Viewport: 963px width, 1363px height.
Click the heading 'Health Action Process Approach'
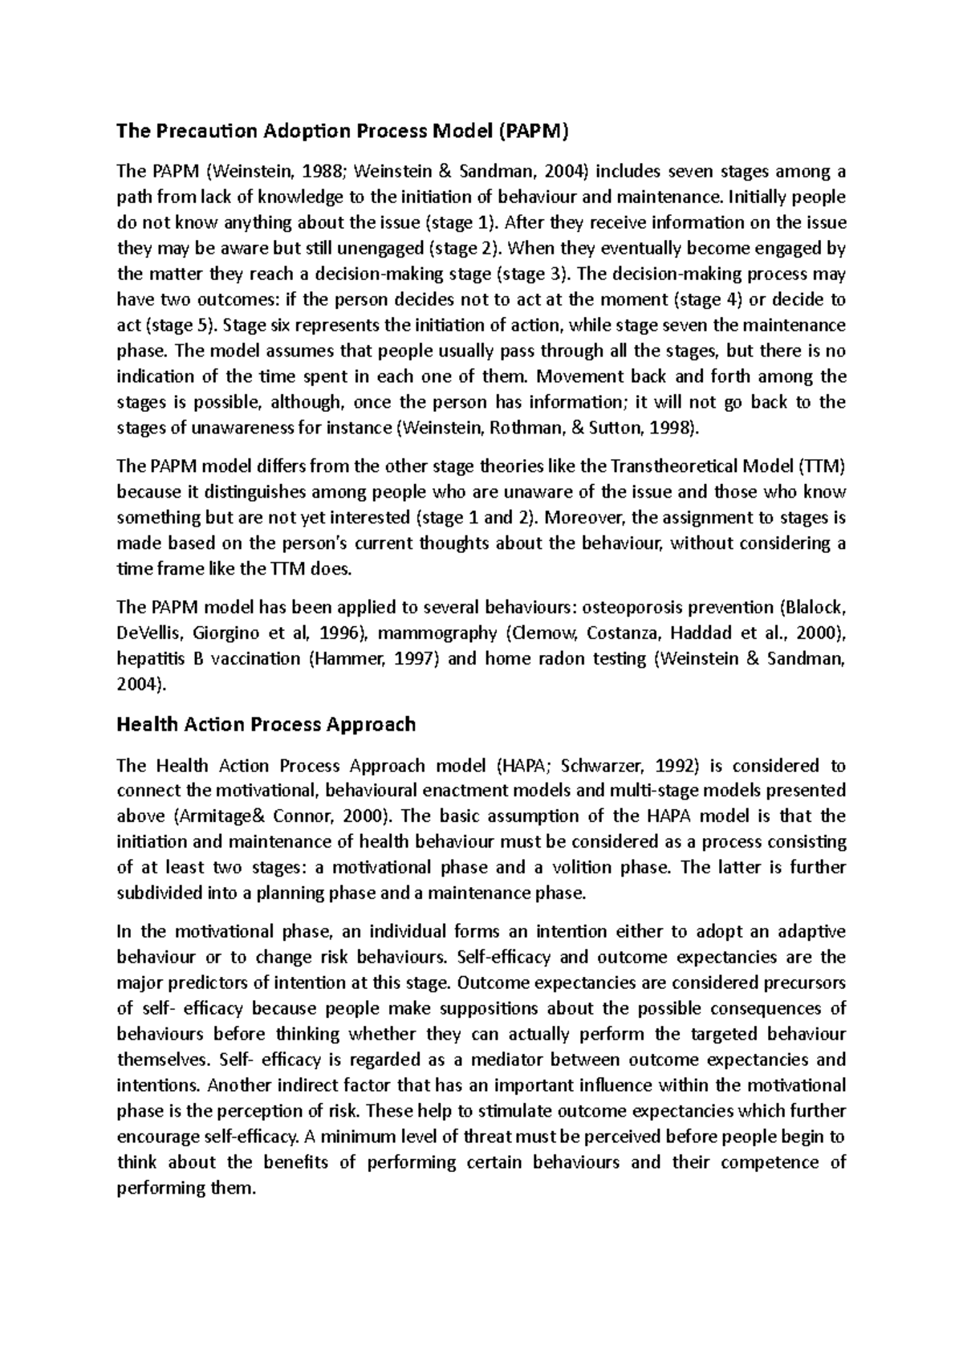coord(266,724)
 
